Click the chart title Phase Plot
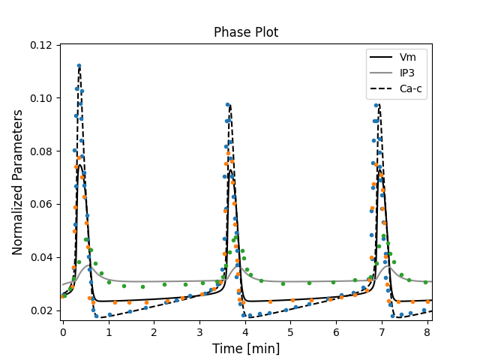click(x=246, y=32)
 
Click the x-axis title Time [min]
click(x=246, y=348)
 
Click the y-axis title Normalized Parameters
click(x=17, y=182)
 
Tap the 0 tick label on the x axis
click(x=63, y=331)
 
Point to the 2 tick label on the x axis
click(x=154, y=331)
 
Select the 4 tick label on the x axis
click(x=245, y=331)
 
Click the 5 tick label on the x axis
click(x=291, y=331)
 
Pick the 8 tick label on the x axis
click(x=427, y=331)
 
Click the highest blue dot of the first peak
click(x=79, y=66)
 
